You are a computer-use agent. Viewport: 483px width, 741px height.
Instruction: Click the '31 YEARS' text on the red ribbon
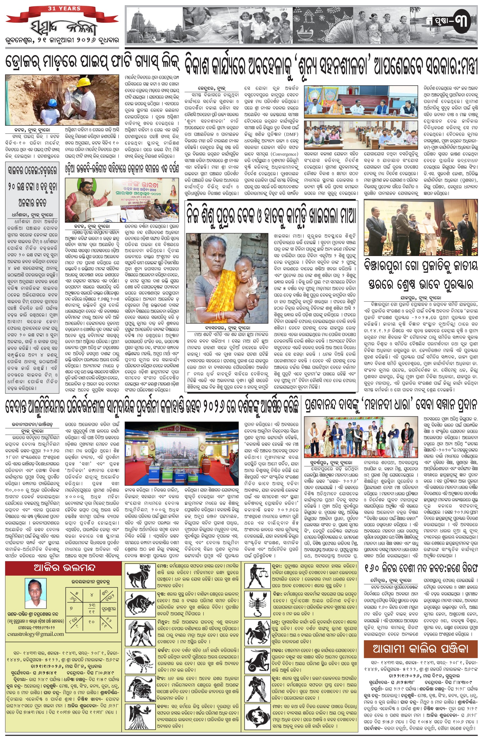(64, 8)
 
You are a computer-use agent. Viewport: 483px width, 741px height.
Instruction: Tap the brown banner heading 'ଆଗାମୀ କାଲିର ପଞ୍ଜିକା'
(420, 649)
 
